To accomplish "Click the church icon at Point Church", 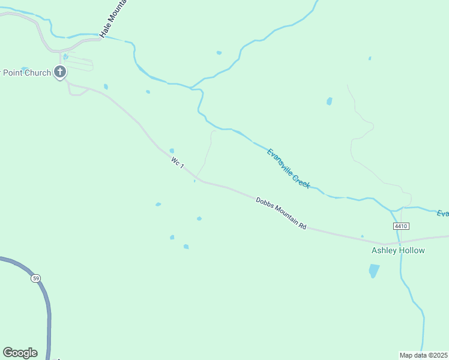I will pyautogui.click(x=59, y=73).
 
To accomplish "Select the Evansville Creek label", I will pyautogui.click(x=288, y=169).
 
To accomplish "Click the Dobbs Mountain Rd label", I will pyautogui.click(x=281, y=214).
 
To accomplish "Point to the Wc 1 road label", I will pyautogui.click(x=177, y=163).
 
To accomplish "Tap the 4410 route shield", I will pyautogui.click(x=401, y=226).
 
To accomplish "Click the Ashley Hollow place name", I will pyautogui.click(x=398, y=250).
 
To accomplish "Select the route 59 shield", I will pyautogui.click(x=35, y=278).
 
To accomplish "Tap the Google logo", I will pyautogui.click(x=20, y=353).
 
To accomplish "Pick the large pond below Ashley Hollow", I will pyautogui.click(x=374, y=271).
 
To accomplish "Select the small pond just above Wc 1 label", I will pyautogui.click(x=172, y=151).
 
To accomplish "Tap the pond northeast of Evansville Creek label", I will pyautogui.click(x=329, y=101).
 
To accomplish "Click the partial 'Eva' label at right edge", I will pyautogui.click(x=442, y=214).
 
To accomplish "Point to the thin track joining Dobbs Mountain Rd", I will pyautogui.click(x=207, y=153).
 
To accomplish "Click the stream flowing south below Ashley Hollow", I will pyautogui.click(x=414, y=300).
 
